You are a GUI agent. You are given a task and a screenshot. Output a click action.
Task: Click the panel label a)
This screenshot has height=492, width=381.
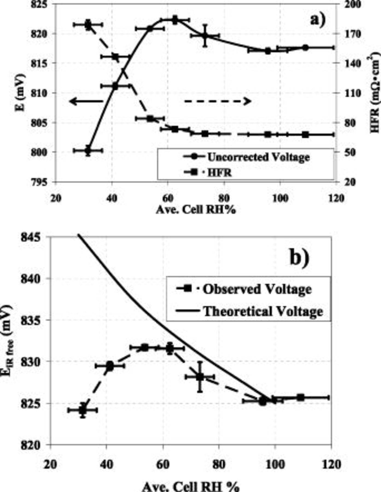pos(318,20)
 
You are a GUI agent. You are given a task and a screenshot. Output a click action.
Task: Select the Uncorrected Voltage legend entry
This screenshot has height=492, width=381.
pos(246,157)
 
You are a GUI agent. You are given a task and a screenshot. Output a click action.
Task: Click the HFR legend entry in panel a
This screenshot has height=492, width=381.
pos(208,172)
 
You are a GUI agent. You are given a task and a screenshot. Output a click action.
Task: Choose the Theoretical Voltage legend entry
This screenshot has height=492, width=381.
pos(249,311)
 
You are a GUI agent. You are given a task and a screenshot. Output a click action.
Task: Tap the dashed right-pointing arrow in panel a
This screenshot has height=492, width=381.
pos(217,101)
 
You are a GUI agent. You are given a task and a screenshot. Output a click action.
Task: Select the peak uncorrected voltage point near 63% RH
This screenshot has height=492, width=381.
pos(175,20)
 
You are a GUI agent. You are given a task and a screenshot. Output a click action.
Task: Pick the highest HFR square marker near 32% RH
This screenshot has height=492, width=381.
pos(88,25)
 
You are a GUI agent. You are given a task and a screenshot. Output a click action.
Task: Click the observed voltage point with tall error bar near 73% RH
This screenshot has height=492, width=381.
pos(200,377)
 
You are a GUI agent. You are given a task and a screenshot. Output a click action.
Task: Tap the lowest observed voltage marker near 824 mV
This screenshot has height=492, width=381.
pos(83,410)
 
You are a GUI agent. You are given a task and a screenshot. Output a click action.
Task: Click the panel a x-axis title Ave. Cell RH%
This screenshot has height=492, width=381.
pos(196,210)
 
